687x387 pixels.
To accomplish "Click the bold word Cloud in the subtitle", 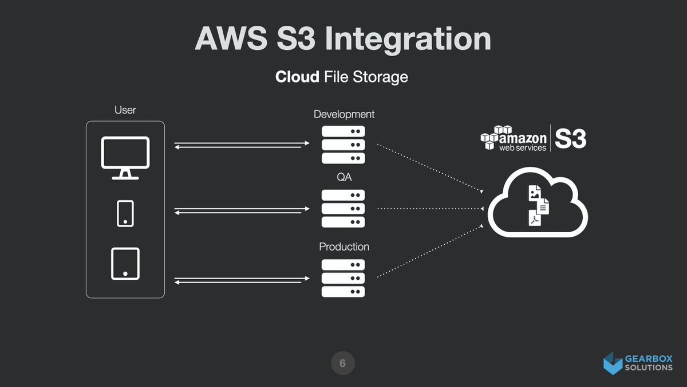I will tap(297, 76).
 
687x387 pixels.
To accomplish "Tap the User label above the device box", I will tap(125, 110).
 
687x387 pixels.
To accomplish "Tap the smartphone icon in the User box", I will tap(125, 213).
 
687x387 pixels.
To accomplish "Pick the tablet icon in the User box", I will tap(125, 264).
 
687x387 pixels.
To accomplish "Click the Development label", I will tap(344, 114).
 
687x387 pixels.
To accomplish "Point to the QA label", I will tap(344, 178).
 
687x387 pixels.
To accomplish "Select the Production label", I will tap(344, 247).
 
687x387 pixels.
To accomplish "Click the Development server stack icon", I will tap(343, 144).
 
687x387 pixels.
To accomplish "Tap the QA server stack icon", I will tap(343, 209).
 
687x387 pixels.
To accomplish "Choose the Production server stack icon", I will tap(343, 278).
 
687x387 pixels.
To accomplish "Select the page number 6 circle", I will tap(342, 363).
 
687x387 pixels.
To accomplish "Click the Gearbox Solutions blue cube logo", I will tap(613, 363).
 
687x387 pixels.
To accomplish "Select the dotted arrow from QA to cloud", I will tap(429, 209).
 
